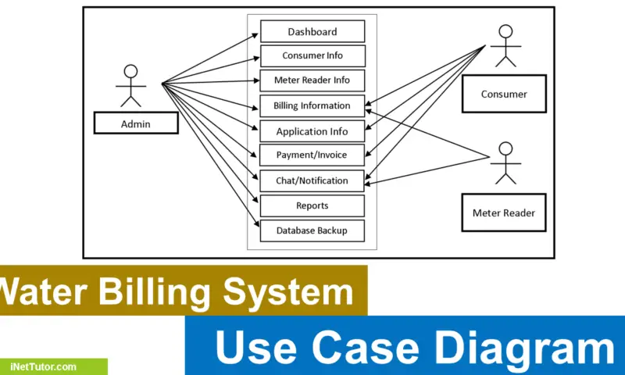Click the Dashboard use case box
click(x=312, y=31)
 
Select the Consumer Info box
click(x=312, y=55)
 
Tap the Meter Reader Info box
click(x=312, y=80)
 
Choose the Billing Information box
click(x=312, y=106)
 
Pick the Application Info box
click(x=312, y=131)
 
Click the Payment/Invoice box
click(x=312, y=155)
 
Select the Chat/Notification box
click(x=312, y=181)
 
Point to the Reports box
click(x=312, y=205)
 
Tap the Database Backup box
click(x=312, y=230)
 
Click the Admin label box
click(x=136, y=123)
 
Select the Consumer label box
click(x=504, y=94)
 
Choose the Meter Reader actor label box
click(x=504, y=212)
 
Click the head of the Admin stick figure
click(x=130, y=71)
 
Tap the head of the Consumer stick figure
click(x=505, y=31)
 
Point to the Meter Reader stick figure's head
click(x=505, y=148)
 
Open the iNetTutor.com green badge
click(x=53, y=366)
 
